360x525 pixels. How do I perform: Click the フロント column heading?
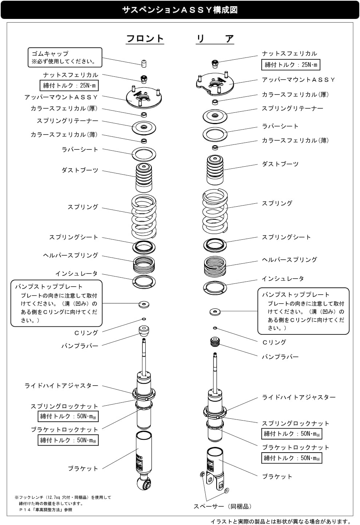pyautogui.click(x=145, y=39)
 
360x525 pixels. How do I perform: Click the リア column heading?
pyautogui.click(x=215, y=39)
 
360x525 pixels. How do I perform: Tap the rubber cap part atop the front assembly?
pyautogui.click(x=144, y=64)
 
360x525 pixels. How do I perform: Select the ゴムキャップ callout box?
pyautogui.click(x=65, y=57)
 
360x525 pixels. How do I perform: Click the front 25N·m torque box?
pyautogui.click(x=69, y=85)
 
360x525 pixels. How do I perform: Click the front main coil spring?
pyautogui.click(x=144, y=216)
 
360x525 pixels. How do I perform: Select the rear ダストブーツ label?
pyautogui.click(x=280, y=164)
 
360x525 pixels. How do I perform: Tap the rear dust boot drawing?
pyautogui.click(x=215, y=170)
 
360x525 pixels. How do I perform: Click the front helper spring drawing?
pyautogui.click(x=144, y=264)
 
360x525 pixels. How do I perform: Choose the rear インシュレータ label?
pyautogui.click(x=282, y=278)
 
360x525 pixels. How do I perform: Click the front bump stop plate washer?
pyautogui.click(x=144, y=304)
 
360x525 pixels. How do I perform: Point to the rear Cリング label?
pyautogui.click(x=274, y=342)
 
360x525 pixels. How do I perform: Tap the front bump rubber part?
pyautogui.click(x=144, y=330)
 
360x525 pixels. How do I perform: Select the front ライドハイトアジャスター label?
pyautogui.click(x=61, y=386)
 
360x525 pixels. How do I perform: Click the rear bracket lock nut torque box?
pyautogui.click(x=292, y=458)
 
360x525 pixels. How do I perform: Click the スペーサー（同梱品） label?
pyautogui.click(x=222, y=506)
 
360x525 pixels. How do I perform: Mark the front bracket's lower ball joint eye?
pyautogui.click(x=144, y=483)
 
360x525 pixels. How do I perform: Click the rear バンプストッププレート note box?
pyautogui.click(x=304, y=311)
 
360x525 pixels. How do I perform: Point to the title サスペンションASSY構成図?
pyautogui.click(x=180, y=10)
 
